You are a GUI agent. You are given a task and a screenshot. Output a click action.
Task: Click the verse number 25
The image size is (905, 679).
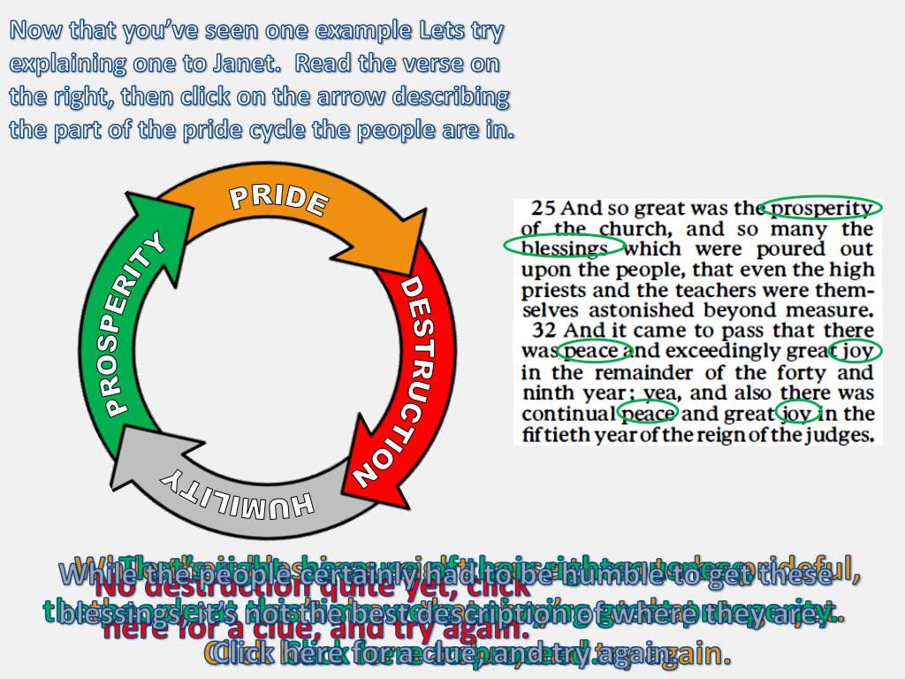tap(544, 210)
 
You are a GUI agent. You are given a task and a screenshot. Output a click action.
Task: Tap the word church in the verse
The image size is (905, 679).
tap(622, 230)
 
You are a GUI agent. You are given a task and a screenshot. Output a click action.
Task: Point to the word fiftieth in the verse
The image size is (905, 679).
tap(555, 434)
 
